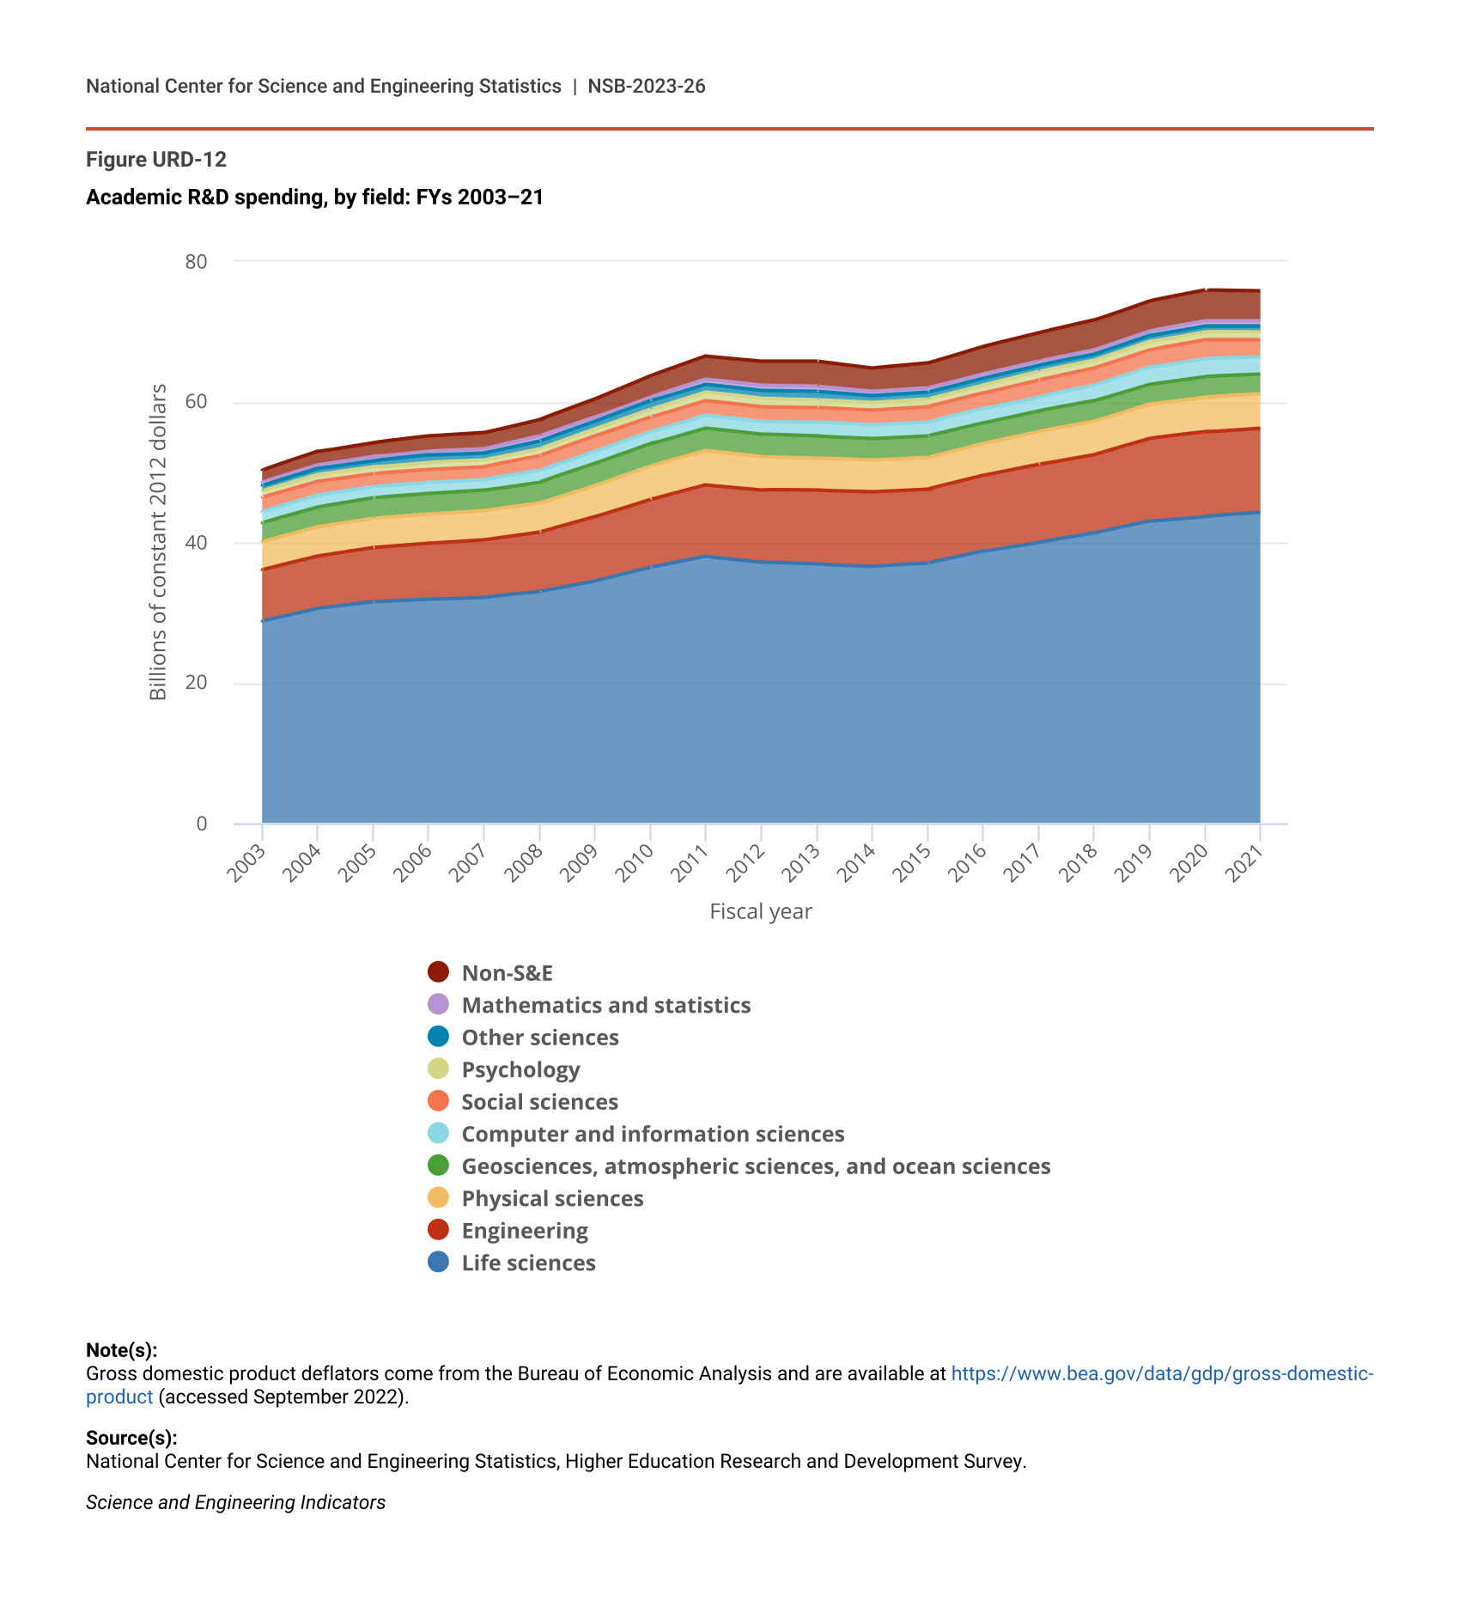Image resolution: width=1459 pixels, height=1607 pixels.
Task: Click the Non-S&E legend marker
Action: click(x=438, y=972)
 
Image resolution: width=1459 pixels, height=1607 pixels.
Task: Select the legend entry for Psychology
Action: click(x=520, y=1069)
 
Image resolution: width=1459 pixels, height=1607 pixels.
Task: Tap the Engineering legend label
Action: click(x=525, y=1231)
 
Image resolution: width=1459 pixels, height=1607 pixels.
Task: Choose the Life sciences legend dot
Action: click(x=438, y=1263)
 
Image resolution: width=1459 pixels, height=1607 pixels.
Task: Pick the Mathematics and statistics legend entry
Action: click(x=605, y=1005)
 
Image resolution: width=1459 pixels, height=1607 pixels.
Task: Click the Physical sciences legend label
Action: click(x=552, y=1198)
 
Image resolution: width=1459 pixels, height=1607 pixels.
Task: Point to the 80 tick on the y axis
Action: click(x=197, y=262)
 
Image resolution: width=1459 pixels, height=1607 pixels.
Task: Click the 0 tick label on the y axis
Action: click(x=202, y=824)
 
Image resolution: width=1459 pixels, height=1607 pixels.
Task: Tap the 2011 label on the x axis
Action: click(x=690, y=863)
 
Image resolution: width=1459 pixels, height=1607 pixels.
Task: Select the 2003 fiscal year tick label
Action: click(x=247, y=863)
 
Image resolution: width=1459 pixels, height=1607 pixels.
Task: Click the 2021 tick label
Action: click(x=1245, y=863)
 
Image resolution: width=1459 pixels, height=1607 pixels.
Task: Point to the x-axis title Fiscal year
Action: click(x=760, y=911)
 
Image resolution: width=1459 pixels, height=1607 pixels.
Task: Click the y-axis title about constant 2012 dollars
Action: click(x=158, y=542)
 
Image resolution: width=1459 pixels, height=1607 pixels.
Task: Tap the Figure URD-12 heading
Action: click(x=156, y=160)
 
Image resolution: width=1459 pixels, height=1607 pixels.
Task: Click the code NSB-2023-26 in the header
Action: click(x=647, y=86)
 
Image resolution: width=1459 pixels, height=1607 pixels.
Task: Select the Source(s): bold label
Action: click(x=131, y=1438)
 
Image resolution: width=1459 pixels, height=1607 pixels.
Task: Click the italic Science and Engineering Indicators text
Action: click(x=235, y=1502)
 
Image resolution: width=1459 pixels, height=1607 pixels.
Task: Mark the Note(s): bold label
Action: click(x=122, y=1350)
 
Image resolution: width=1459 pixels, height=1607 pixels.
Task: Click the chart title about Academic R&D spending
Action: click(x=314, y=198)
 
